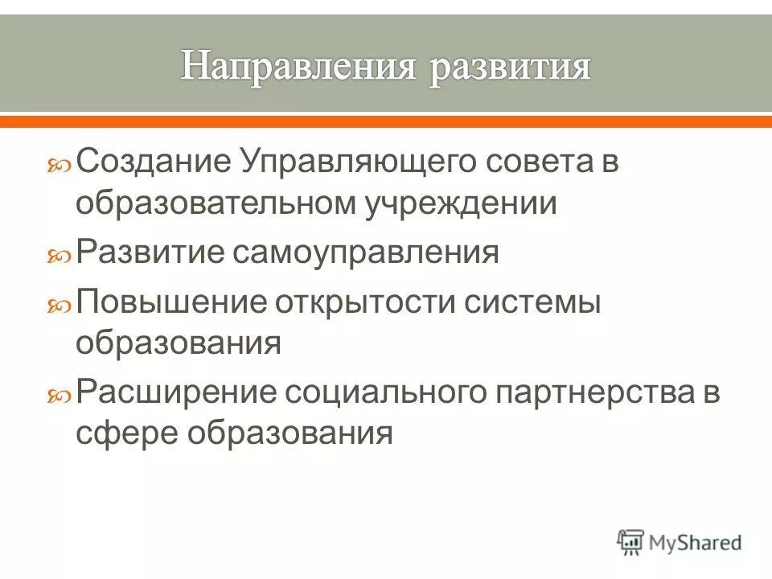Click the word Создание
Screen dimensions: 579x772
tap(153, 162)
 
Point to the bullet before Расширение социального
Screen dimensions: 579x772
tap(62, 396)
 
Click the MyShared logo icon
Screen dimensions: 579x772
tap(632, 542)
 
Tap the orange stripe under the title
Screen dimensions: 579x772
tap(386, 121)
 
